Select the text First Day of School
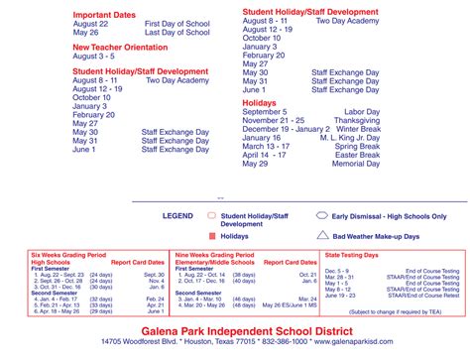179,23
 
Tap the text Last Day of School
179,32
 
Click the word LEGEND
178,215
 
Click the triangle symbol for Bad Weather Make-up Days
322,236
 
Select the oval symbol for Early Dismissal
322,215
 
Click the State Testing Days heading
354,255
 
